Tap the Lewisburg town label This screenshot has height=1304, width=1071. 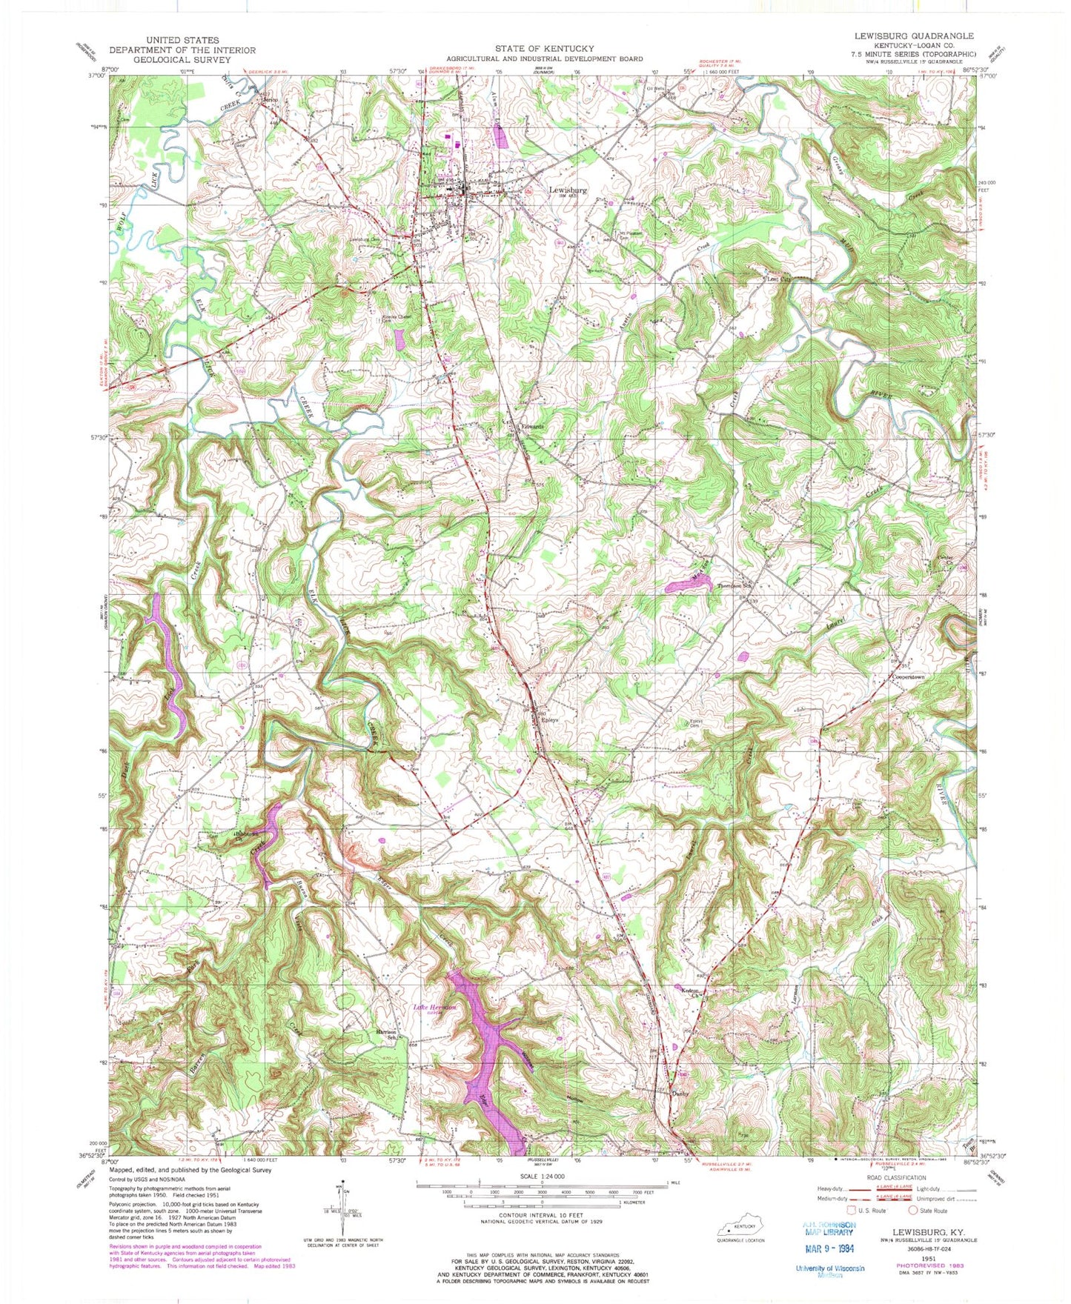tap(568, 190)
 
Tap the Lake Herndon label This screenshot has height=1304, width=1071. tap(434, 1007)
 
